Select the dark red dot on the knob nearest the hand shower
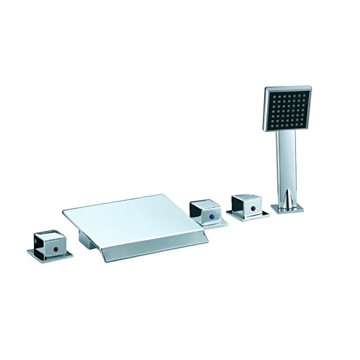pyautogui.click(x=253, y=209)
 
